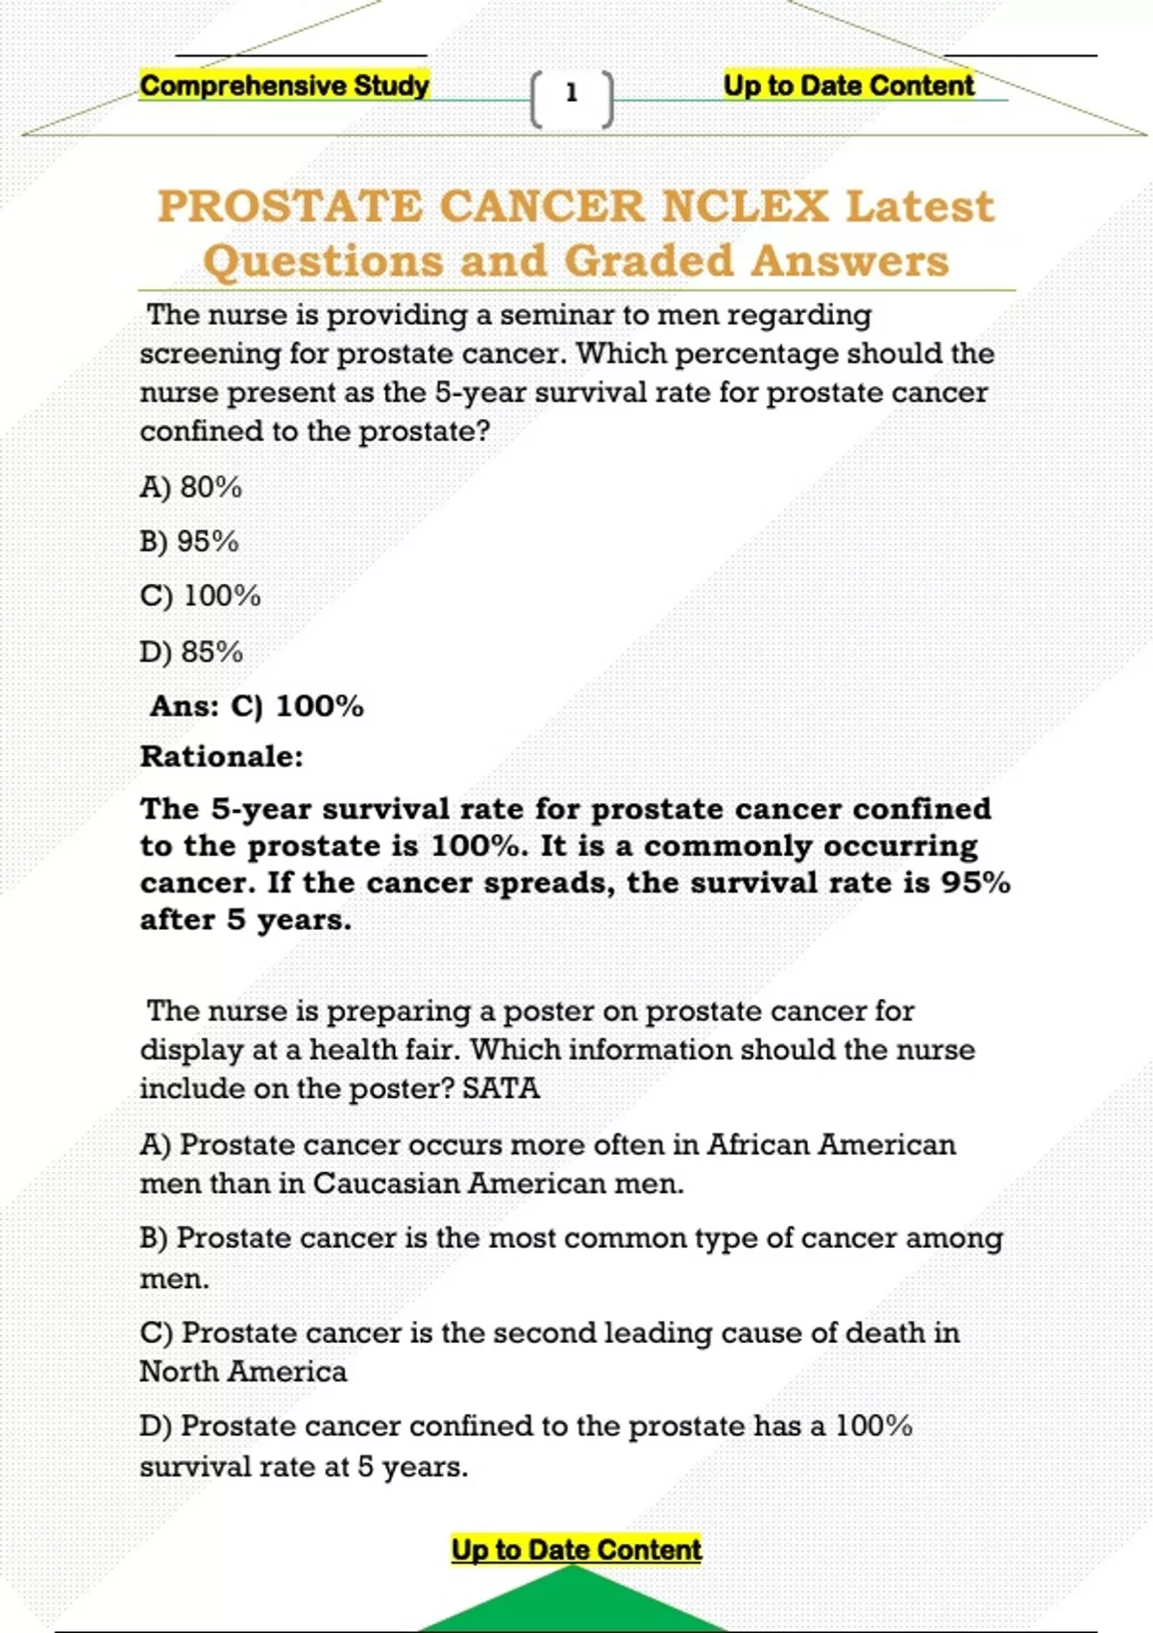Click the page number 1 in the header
pos(572,93)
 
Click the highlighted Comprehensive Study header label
pos(284,85)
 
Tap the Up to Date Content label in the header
pos(848,85)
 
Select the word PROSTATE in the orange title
pos(289,207)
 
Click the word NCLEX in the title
pos(745,207)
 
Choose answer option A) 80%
pos(191,487)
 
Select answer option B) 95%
pos(189,542)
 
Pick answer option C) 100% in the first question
pos(201,597)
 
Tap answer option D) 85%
pos(191,652)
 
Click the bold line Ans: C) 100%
pos(257,706)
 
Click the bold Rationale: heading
pos(222,757)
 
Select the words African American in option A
pos(831,1145)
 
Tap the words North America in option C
pos(243,1372)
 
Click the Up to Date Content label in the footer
pos(576,1549)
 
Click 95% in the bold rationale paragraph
pos(975,883)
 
